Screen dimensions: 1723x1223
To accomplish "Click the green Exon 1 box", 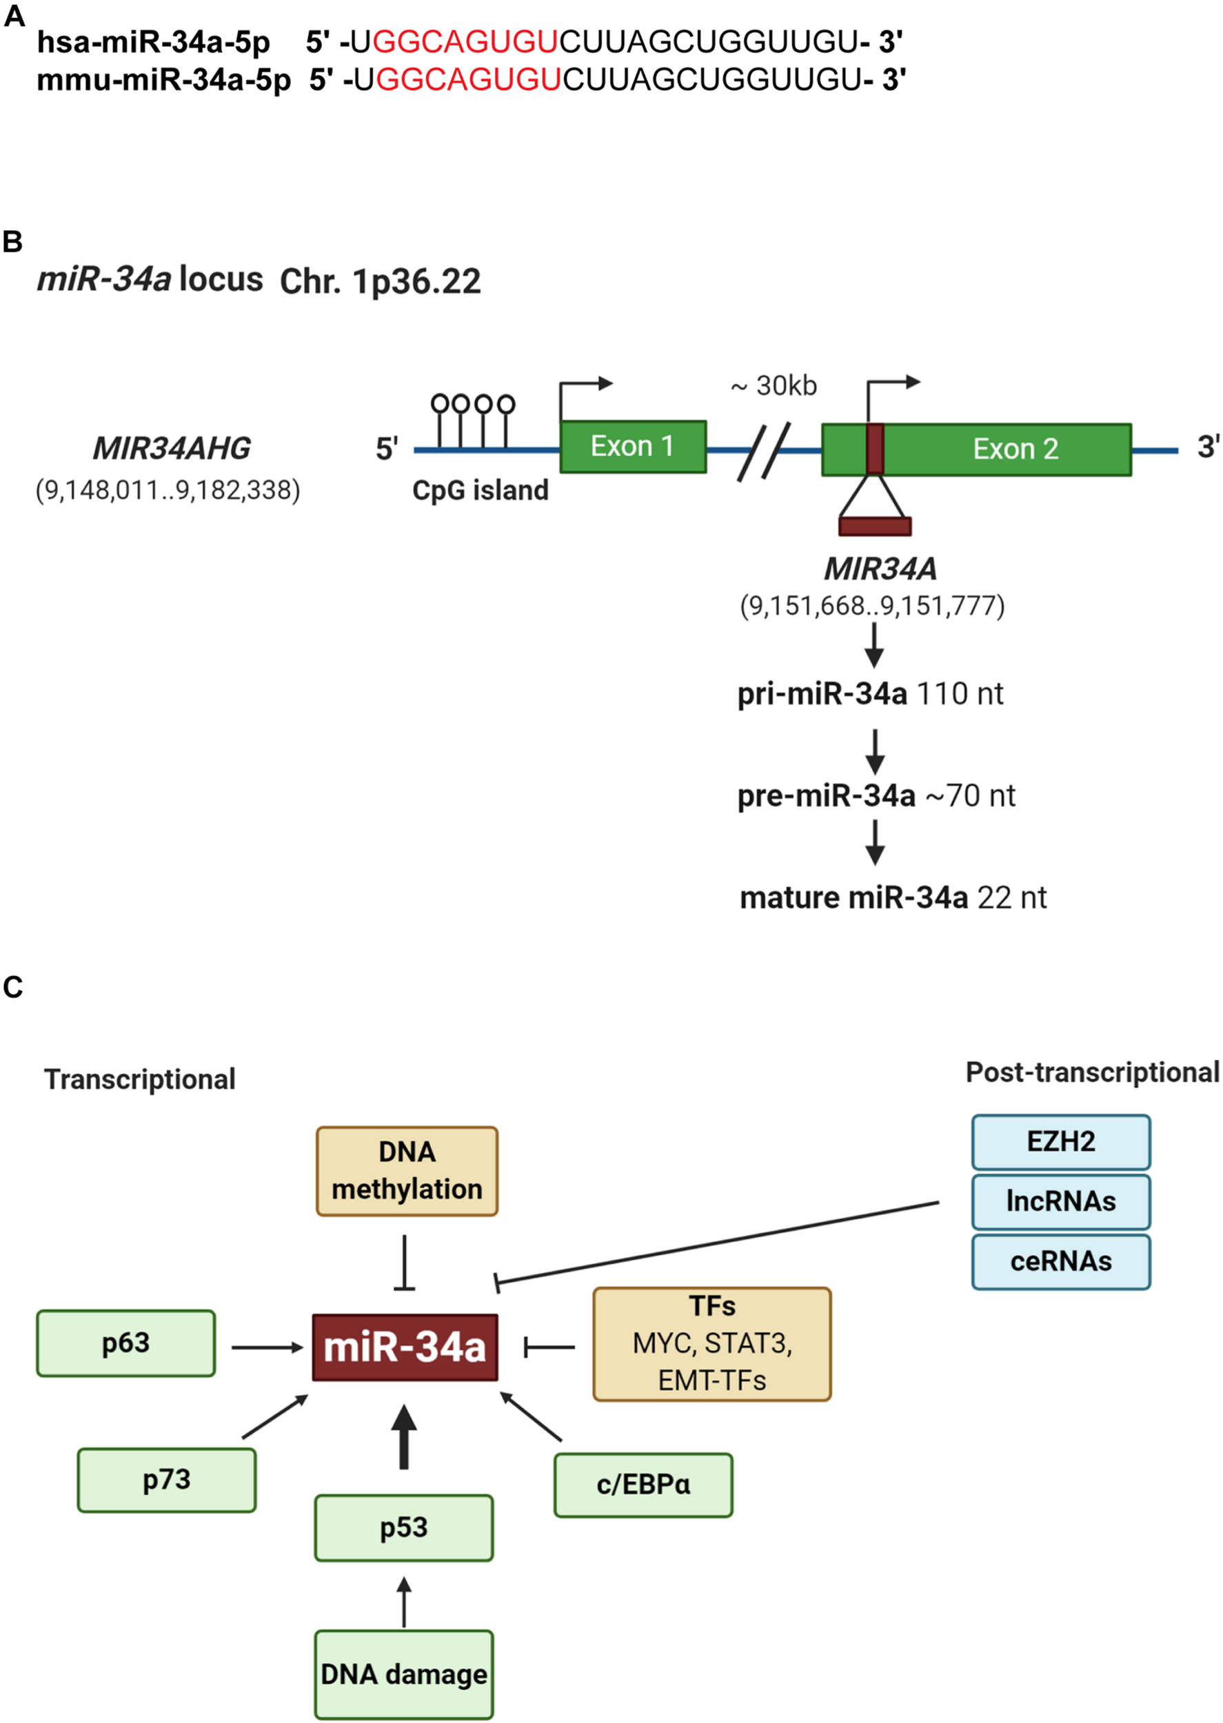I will (x=633, y=447).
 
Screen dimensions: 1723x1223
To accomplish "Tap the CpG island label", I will (x=481, y=490).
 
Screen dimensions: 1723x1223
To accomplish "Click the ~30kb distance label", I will (x=774, y=385).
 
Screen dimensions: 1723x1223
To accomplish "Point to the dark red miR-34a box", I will (x=405, y=1347).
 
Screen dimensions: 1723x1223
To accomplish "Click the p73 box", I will (x=166, y=1479).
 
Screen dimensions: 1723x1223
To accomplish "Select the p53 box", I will (x=404, y=1527).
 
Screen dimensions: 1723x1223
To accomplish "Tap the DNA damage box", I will (x=404, y=1674).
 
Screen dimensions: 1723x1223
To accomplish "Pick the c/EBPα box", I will (x=643, y=1485).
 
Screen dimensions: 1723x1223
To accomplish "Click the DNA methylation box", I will (x=407, y=1170).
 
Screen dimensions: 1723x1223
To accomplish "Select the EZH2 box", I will (x=1060, y=1141).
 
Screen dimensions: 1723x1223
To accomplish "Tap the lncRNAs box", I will (x=1060, y=1201).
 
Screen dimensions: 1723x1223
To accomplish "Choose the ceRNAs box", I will (x=1060, y=1261).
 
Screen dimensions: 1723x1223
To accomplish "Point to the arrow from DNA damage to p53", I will (x=405, y=1602).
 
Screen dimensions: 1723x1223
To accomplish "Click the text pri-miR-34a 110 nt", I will (x=870, y=693).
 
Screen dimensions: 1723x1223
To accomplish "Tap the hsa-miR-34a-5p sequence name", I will (x=154, y=42).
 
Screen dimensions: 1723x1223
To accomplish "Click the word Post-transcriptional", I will (x=1092, y=1072).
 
